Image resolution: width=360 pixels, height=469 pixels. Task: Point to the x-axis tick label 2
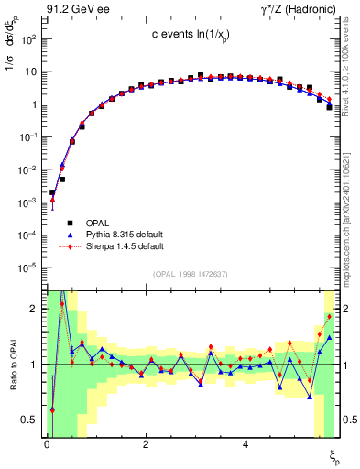tap(147, 443)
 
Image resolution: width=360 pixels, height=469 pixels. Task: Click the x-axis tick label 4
tap(245, 443)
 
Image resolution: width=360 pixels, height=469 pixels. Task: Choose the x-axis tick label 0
tap(47, 443)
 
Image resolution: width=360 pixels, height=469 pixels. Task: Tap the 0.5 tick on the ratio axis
tap(29, 420)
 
